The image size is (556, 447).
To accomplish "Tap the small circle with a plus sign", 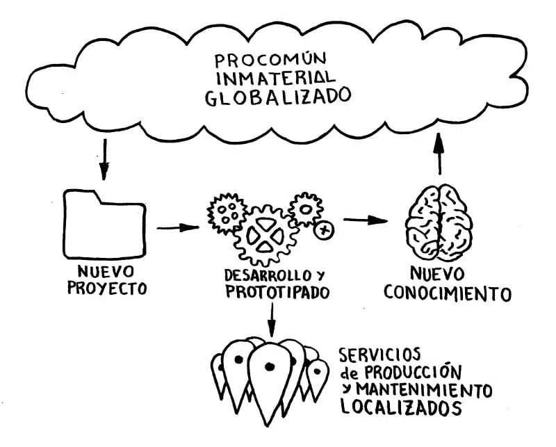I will tap(324, 229).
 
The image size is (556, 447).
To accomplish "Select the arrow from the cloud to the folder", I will tap(104, 159).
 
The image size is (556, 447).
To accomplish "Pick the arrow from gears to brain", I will tap(366, 220).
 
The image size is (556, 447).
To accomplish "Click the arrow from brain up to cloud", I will tap(439, 154).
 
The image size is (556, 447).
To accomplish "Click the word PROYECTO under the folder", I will tap(107, 287).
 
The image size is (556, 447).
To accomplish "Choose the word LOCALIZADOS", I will tap(401, 407).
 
